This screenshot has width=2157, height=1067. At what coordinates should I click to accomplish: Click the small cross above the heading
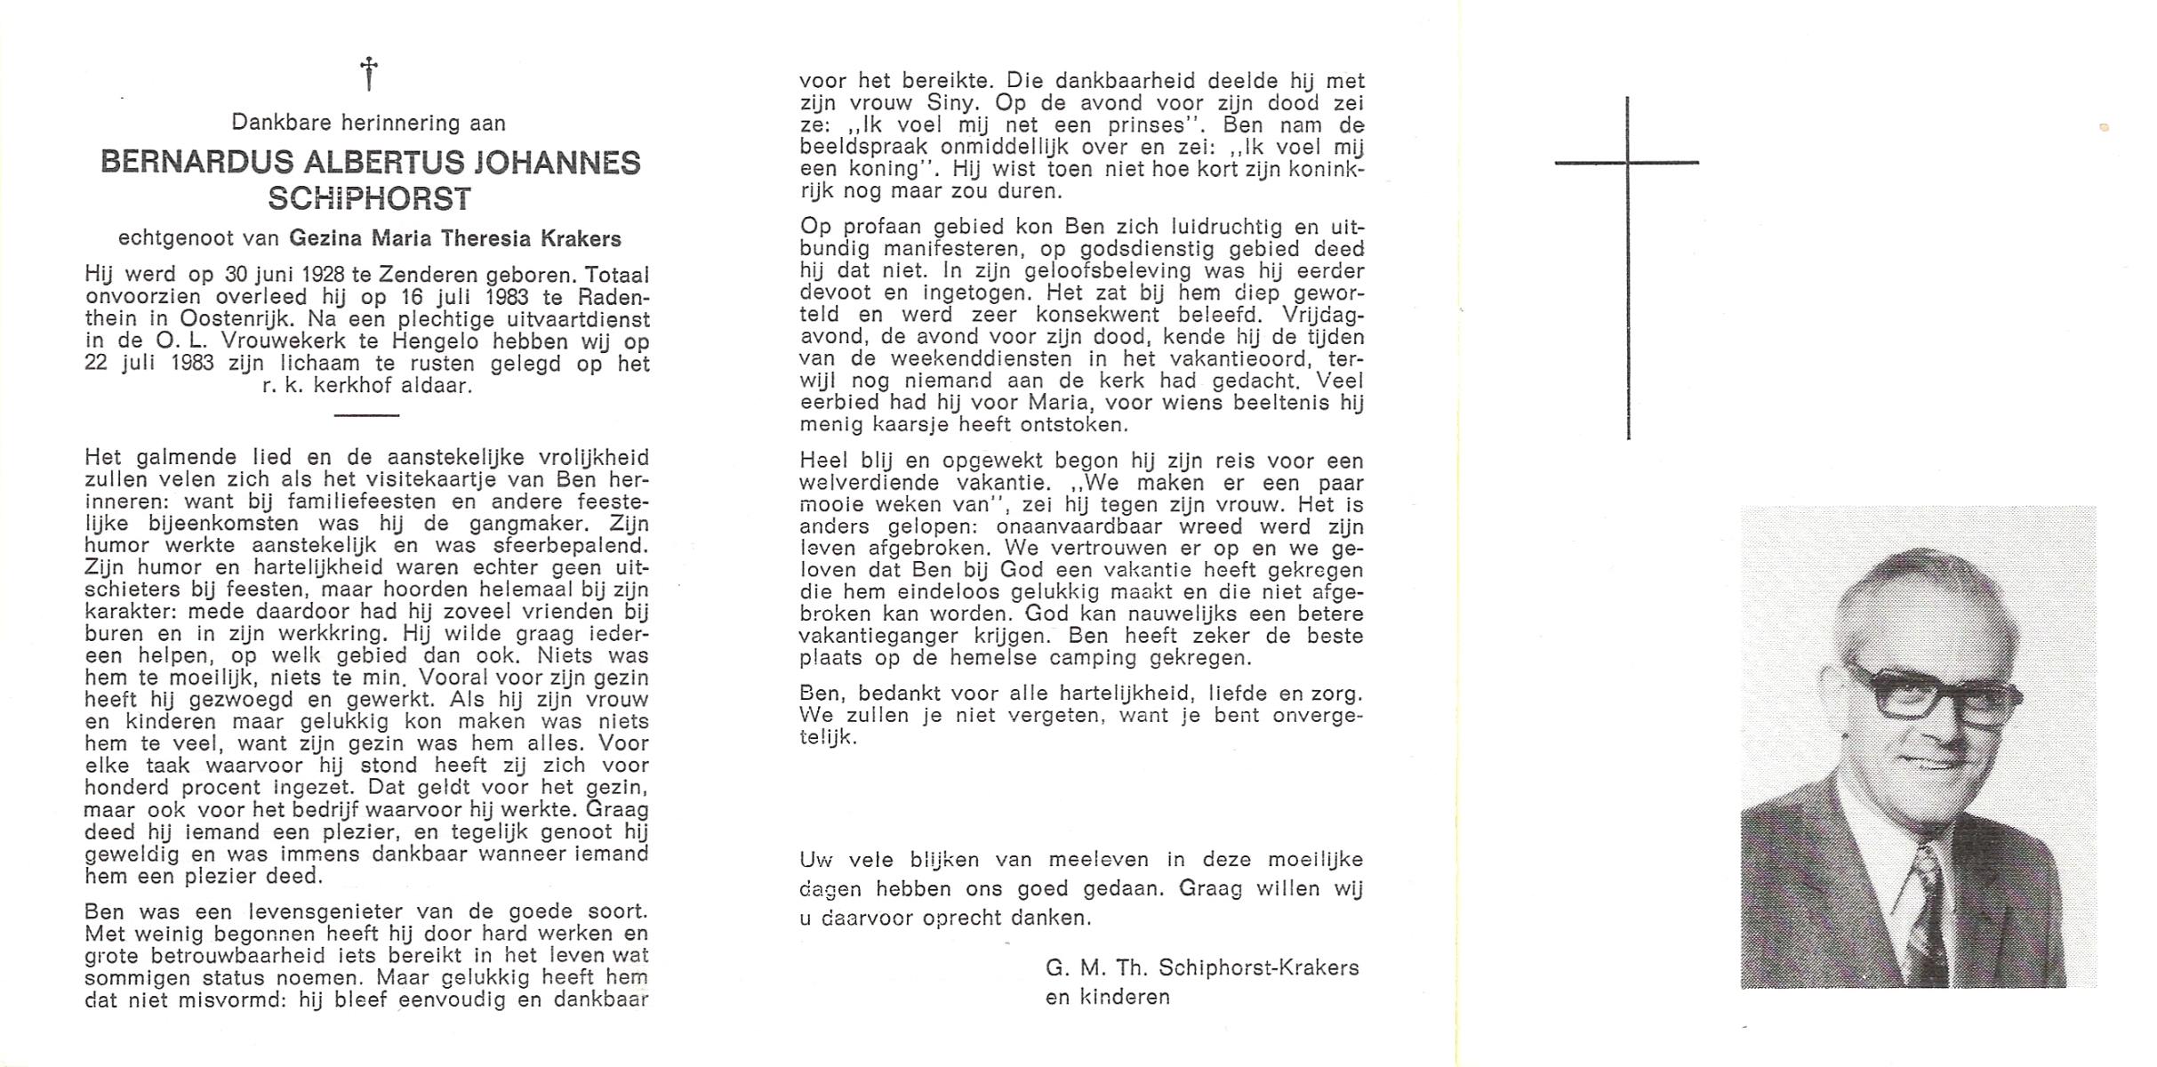pyautogui.click(x=368, y=73)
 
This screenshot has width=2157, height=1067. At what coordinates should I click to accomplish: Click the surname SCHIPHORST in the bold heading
pyautogui.click(x=370, y=199)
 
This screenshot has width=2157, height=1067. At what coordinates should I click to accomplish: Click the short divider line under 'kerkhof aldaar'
pyautogui.click(x=366, y=415)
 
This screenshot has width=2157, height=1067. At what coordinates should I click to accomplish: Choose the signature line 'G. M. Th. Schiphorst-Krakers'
pyautogui.click(x=1202, y=967)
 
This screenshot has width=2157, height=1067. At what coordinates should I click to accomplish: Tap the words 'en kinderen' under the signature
pyautogui.click(x=1107, y=997)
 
